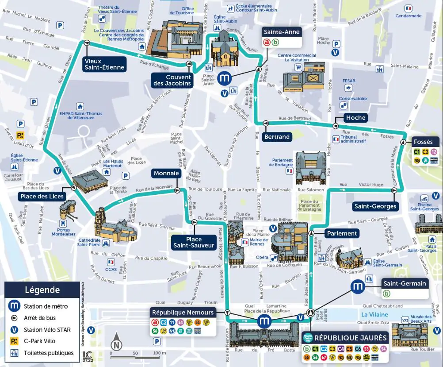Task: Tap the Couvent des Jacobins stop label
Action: coord(172,80)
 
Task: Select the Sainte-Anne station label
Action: coord(282,32)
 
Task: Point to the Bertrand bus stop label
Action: coord(277,137)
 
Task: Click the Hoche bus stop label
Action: coord(356,117)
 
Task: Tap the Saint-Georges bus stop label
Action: coord(375,206)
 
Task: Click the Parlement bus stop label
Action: coord(342,233)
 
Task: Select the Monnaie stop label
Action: coord(166,174)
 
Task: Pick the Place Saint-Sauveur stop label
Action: coord(194,242)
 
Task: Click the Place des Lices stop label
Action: coord(42,196)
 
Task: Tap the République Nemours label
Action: coord(183,313)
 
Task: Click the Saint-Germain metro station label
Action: coord(405,283)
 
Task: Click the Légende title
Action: coord(42,290)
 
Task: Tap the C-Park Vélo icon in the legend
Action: coord(15,341)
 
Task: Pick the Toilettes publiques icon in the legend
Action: coord(15,353)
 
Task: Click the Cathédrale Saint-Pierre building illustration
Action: coord(108,228)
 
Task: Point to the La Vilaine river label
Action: coord(371,314)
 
